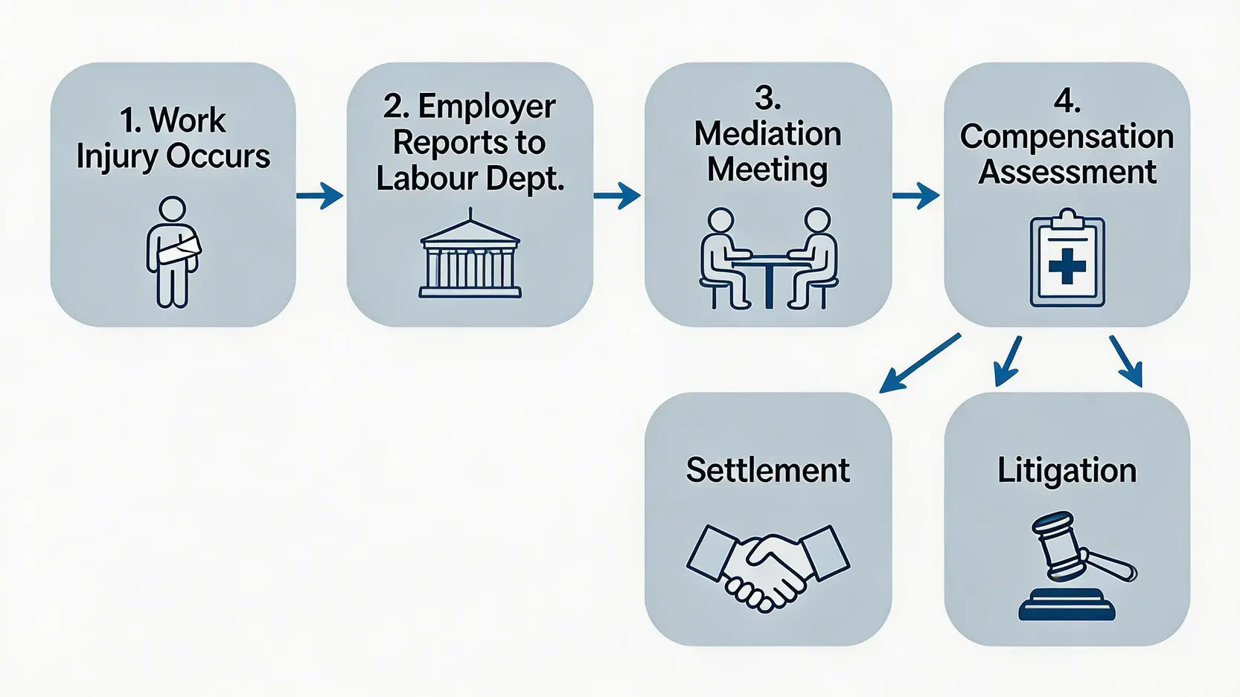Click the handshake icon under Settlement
(x=767, y=565)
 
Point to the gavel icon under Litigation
(x=1073, y=566)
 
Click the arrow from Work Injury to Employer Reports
(x=320, y=196)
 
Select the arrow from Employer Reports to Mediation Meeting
(x=617, y=196)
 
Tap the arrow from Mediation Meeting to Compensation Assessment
(x=915, y=196)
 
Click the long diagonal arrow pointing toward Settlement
(x=920, y=363)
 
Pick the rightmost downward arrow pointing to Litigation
(x=1126, y=361)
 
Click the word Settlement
(x=767, y=470)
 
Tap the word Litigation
(x=1067, y=471)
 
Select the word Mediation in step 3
(x=767, y=134)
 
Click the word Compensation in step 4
(x=1067, y=136)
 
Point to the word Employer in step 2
(x=486, y=106)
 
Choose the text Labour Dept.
(x=470, y=179)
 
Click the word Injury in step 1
(x=118, y=157)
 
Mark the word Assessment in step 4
(x=1067, y=172)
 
